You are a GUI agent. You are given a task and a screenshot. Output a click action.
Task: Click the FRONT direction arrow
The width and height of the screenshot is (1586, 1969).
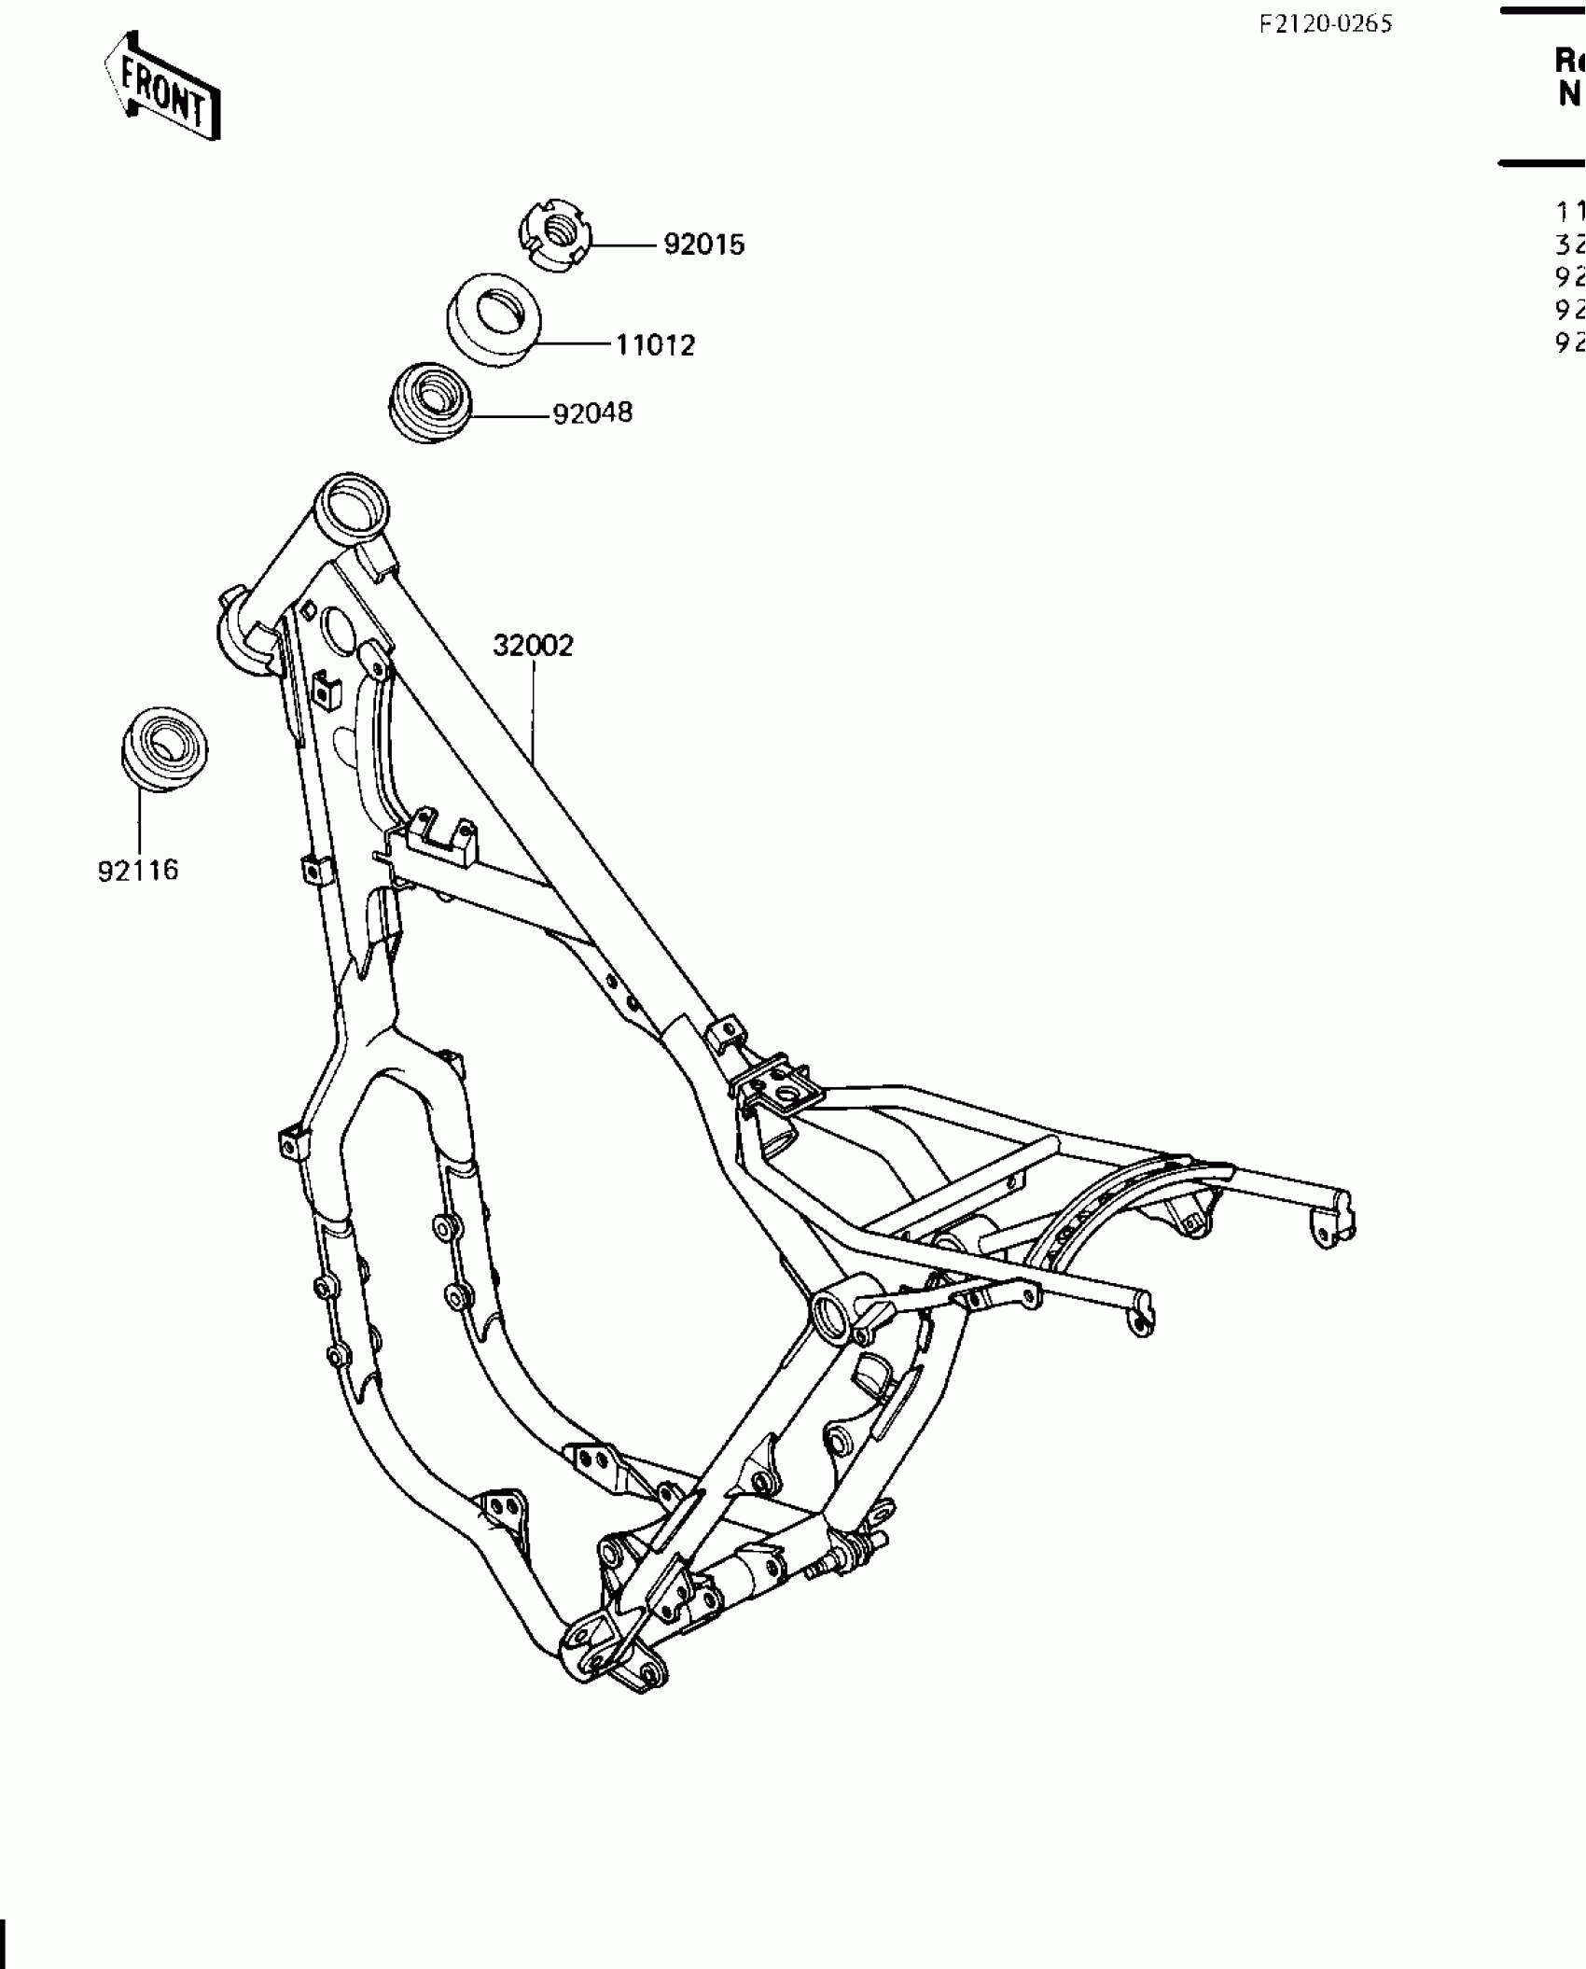coord(162,87)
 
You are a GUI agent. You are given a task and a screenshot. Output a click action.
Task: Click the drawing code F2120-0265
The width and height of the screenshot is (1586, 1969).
coord(1325,24)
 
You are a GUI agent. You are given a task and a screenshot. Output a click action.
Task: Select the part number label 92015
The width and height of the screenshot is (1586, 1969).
coord(704,244)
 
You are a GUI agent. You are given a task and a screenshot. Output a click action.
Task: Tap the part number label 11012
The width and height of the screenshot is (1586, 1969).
coord(655,345)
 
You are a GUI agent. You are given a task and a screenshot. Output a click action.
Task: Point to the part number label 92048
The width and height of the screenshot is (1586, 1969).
coord(592,412)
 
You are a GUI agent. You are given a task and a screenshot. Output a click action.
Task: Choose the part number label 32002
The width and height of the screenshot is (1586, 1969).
coord(533,645)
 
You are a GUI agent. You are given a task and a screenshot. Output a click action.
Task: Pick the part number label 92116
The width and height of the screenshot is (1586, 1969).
coord(138,871)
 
